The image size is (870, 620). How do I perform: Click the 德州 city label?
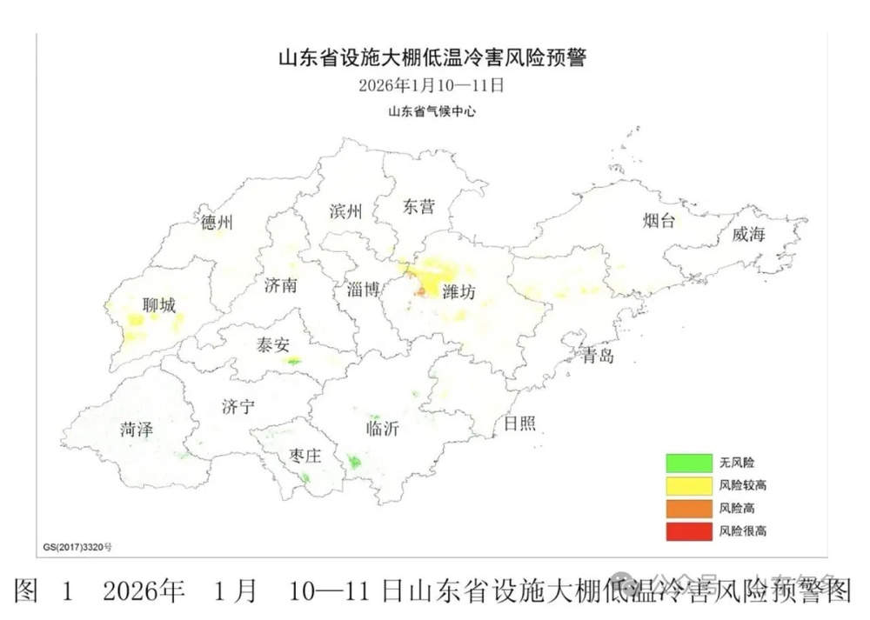tap(217, 223)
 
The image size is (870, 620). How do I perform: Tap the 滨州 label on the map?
tap(345, 211)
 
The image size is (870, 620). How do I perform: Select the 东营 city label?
tap(418, 207)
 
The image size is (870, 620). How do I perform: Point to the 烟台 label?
tap(659, 220)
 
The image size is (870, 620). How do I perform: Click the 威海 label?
tap(748, 235)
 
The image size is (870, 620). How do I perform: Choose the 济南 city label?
tap(281, 285)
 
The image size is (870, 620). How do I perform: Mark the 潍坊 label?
tap(458, 293)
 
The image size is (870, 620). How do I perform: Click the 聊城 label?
tap(159, 305)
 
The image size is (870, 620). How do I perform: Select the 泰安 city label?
tap(273, 345)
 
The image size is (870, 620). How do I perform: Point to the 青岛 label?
tap(599, 356)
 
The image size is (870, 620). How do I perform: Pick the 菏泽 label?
tap(137, 429)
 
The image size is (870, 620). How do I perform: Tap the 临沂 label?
tap(383, 429)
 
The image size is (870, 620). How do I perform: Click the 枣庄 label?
tap(304, 457)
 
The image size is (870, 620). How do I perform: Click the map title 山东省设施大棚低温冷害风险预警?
tap(432, 59)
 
